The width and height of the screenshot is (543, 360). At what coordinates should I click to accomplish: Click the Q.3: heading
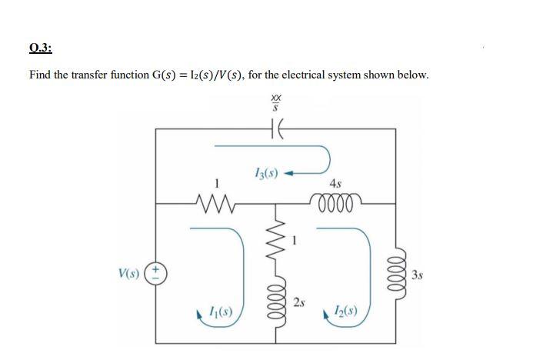point(40,47)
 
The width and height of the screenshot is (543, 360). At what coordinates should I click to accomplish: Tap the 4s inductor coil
point(335,203)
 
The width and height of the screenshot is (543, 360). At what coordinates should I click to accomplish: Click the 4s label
point(335,184)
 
